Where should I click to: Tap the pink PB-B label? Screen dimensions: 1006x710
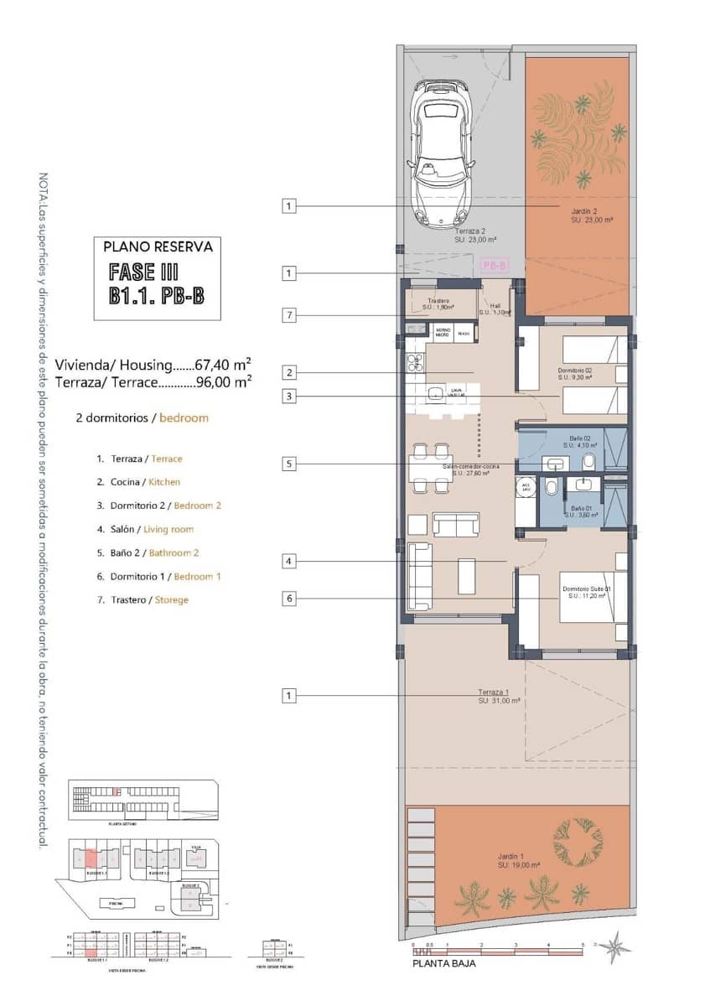click(x=495, y=266)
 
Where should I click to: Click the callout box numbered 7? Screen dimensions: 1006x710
click(x=288, y=315)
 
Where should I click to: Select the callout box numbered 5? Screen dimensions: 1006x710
click(x=288, y=463)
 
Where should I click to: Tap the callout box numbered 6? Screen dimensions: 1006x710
click(x=288, y=599)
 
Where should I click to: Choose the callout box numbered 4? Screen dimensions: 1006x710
click(x=288, y=562)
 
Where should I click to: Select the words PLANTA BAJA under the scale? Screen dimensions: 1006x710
click(x=443, y=964)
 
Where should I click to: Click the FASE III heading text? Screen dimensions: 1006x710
click(x=143, y=272)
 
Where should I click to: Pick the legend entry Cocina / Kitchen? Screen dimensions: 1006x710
click(x=137, y=482)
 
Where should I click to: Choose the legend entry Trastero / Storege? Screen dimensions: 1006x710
click(x=143, y=599)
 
